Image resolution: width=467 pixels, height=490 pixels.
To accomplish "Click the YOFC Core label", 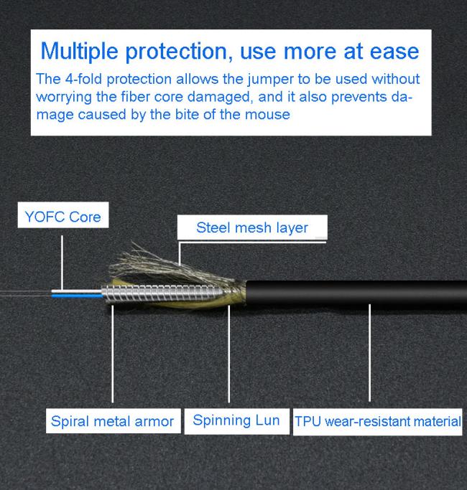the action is [x=63, y=216].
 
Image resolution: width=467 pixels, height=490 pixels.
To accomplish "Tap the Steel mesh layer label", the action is [x=252, y=228].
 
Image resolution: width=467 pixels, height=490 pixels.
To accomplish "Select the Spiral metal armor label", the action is [x=112, y=421].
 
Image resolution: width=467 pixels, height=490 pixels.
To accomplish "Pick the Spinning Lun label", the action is [x=236, y=420].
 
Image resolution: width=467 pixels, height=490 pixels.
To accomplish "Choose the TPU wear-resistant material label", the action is [x=378, y=421].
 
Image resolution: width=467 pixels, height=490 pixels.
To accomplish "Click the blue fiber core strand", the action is [x=77, y=296].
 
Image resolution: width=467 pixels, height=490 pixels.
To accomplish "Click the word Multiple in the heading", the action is [x=80, y=51].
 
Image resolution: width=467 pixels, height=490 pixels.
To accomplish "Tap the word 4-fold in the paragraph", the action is [x=83, y=79].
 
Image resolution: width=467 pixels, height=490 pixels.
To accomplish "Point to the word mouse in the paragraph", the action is [x=267, y=115].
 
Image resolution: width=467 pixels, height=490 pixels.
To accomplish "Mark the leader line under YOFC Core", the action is [x=62, y=263].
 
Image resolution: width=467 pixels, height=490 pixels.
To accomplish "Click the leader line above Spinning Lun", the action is [x=228, y=354].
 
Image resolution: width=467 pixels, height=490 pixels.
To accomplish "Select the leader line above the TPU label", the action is [x=370, y=353].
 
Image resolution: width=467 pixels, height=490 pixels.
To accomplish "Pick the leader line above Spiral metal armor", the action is [x=112, y=354].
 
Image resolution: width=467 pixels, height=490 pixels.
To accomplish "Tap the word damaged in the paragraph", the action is [x=220, y=98].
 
